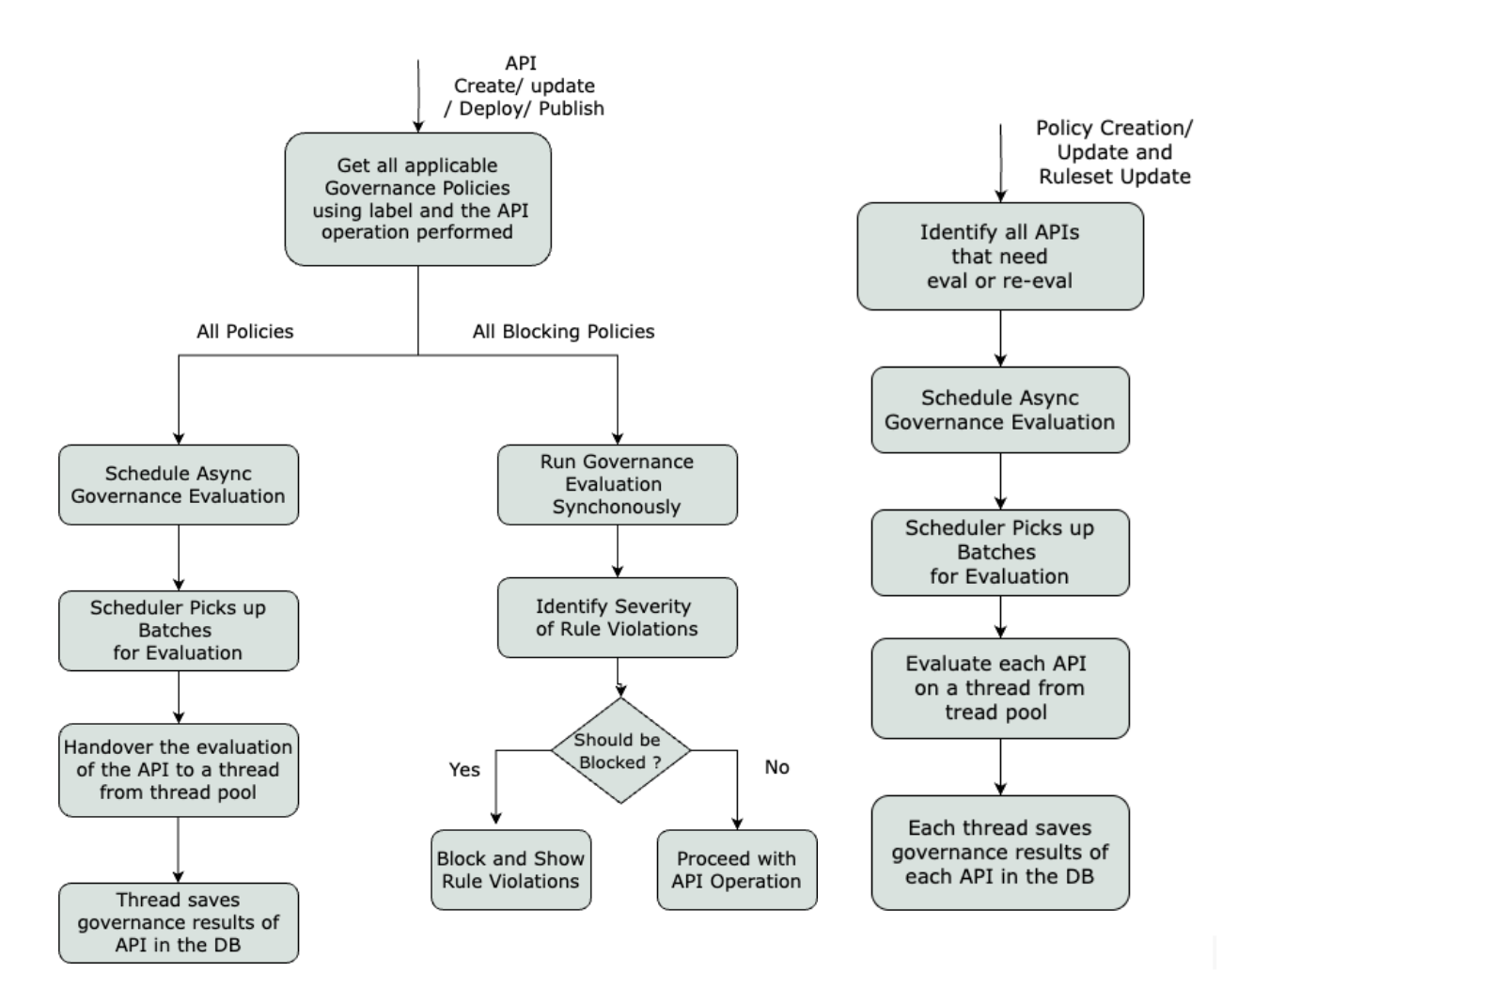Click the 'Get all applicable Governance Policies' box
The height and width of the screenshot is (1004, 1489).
point(417,198)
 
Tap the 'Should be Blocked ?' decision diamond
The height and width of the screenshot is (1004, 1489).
point(619,750)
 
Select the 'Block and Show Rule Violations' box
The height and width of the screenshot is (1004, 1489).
point(510,870)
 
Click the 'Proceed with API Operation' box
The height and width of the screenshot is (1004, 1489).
point(736,870)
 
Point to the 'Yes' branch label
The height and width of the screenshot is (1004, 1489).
point(464,769)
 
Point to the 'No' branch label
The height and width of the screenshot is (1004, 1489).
point(776,767)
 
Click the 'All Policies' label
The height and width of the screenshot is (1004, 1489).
point(244,331)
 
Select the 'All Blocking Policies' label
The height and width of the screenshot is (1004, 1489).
point(563,331)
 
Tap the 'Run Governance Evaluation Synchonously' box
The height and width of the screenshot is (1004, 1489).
point(617,484)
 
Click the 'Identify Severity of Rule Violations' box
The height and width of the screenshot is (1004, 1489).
point(617,617)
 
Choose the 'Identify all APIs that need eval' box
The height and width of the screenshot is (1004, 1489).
point(999,256)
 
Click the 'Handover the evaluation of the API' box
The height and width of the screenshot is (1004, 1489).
point(178,769)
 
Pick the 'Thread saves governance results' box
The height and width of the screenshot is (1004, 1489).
point(178,922)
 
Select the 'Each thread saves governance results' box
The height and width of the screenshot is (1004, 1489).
point(999,852)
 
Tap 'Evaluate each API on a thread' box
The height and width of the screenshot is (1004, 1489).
point(999,687)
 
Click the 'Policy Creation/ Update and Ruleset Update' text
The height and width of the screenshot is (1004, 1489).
point(1114,152)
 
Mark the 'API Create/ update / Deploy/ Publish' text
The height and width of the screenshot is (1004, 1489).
point(524,86)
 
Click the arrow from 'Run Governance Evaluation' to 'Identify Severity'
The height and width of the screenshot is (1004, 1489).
point(618,551)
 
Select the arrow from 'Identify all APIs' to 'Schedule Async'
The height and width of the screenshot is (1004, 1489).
point(1000,337)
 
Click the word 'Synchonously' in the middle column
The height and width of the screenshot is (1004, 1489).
point(616,507)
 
